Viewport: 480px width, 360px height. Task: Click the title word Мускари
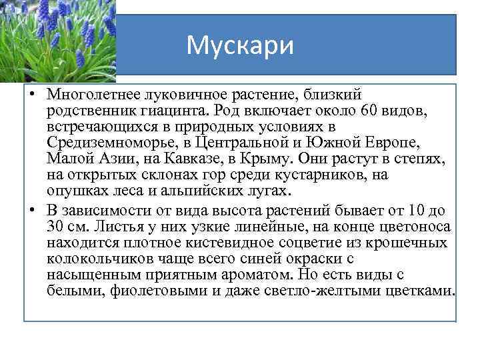(239, 45)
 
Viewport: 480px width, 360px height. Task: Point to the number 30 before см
(55, 227)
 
